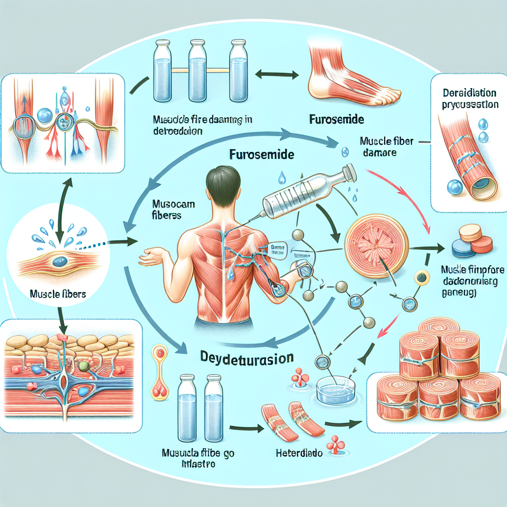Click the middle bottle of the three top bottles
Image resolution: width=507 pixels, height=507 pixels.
198,72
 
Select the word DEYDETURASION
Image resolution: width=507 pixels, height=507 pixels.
248,357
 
